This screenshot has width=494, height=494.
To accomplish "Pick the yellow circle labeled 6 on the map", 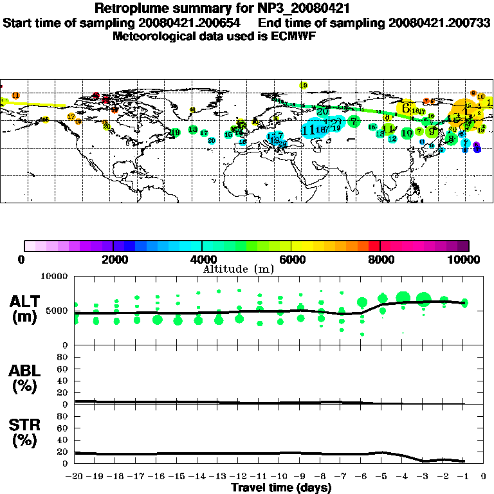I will [406, 109].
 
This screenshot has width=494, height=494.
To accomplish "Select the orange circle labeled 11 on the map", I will [15, 96].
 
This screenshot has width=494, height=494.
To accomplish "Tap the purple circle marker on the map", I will [477, 148].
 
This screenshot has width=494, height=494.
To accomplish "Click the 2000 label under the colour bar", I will [113, 260].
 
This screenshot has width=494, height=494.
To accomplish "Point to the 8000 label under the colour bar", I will [380, 260].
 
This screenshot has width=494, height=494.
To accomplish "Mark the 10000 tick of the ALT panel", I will [53, 277].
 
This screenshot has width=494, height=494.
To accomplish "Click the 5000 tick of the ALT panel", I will [57, 311].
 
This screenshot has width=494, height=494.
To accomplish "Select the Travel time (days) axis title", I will [281, 488].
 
